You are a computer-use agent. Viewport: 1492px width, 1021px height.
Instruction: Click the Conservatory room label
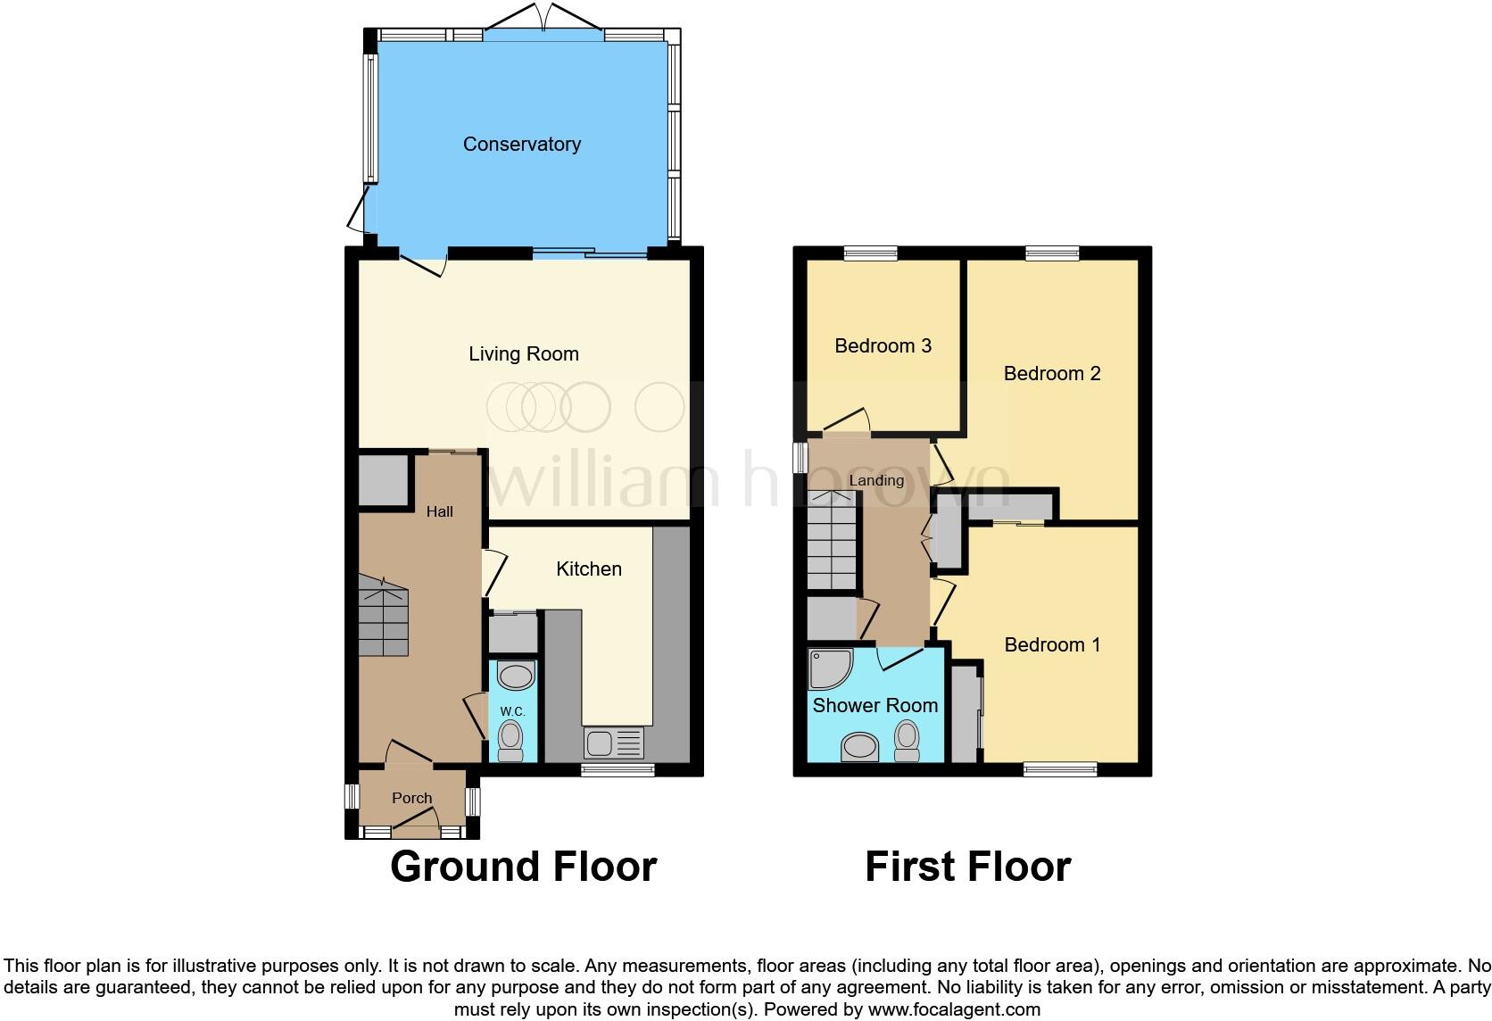(521, 145)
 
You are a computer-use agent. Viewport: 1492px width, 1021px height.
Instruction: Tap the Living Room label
(524, 354)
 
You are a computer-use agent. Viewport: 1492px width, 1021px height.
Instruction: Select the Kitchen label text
(589, 569)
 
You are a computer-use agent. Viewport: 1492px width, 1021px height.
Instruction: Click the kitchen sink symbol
(613, 743)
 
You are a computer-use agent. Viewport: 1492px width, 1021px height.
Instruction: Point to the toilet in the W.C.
(510, 741)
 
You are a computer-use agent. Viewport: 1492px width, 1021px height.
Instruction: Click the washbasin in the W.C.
(515, 676)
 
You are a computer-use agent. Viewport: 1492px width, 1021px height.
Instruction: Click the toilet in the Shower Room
(907, 741)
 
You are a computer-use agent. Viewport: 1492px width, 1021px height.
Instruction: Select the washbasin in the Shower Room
(860, 746)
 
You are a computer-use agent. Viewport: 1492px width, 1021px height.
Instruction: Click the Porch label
(411, 799)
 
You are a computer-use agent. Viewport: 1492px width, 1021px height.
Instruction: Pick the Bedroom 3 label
(883, 346)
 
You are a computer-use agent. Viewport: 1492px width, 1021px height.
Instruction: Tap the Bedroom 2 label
(1052, 374)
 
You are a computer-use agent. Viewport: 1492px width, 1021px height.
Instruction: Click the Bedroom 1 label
(1052, 645)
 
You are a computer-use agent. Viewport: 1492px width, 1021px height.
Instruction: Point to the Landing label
(876, 481)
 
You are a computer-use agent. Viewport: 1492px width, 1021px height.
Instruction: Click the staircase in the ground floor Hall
(384, 616)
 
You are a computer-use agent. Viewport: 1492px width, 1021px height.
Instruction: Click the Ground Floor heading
(524, 867)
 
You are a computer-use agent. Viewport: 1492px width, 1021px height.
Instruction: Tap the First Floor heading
(967, 867)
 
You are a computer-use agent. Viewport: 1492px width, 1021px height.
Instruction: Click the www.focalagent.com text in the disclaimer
(954, 1010)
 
